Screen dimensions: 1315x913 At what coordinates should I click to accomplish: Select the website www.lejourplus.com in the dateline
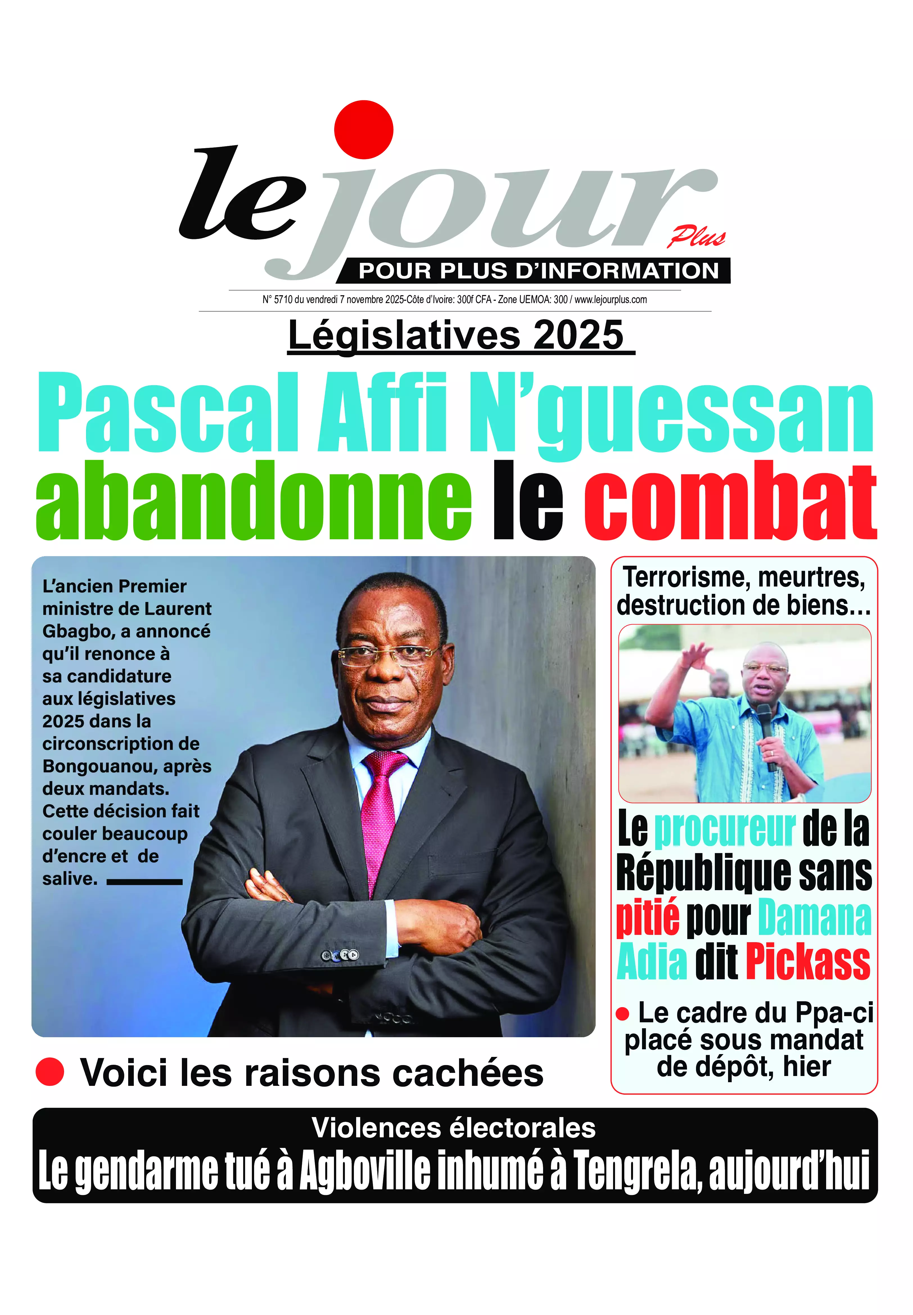coord(610,299)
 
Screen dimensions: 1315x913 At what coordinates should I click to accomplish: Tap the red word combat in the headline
coord(730,502)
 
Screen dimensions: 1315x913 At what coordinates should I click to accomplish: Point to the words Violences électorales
coord(454,1129)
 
